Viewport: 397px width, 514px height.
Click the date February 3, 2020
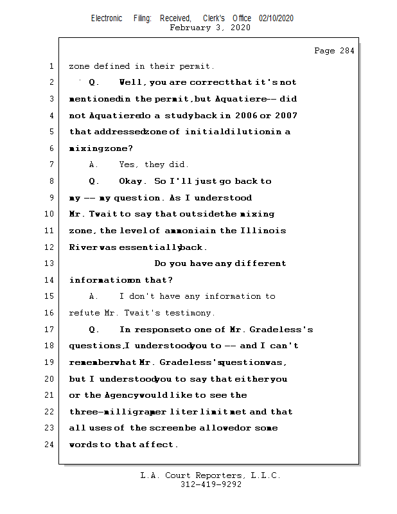210,28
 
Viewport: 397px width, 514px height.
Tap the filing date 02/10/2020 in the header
276,18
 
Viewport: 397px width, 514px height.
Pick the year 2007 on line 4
285,116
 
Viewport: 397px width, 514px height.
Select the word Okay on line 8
133,181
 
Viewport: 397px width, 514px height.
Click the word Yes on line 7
129,165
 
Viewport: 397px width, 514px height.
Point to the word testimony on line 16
191,313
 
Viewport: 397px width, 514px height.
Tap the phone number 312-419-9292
211,485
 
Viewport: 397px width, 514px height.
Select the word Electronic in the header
107,18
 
